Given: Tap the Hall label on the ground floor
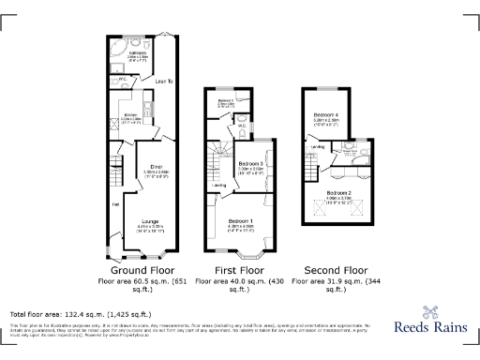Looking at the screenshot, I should (115, 203).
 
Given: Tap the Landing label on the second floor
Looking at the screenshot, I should (318, 147).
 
